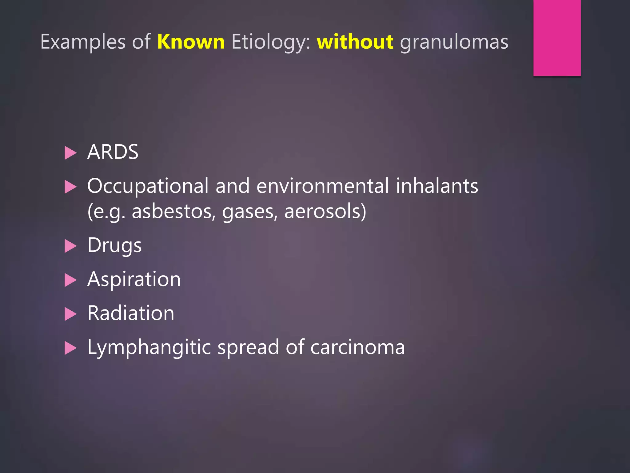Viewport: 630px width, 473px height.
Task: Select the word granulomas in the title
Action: point(454,42)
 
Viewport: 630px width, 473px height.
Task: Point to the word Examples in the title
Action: point(83,42)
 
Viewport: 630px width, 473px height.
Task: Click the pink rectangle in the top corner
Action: point(557,38)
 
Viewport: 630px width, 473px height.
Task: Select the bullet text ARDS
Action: point(113,152)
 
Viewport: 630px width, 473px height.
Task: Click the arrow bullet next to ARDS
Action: point(70,153)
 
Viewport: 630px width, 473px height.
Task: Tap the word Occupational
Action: point(148,186)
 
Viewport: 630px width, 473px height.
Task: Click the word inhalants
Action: point(437,186)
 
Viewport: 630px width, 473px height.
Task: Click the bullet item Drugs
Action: point(114,245)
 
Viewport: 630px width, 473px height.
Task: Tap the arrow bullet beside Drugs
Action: point(70,246)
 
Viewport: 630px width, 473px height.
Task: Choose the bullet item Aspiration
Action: point(134,280)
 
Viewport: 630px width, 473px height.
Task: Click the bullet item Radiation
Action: point(131,313)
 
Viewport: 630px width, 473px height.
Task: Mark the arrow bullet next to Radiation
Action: point(70,314)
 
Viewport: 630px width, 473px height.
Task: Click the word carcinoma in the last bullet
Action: point(357,347)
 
